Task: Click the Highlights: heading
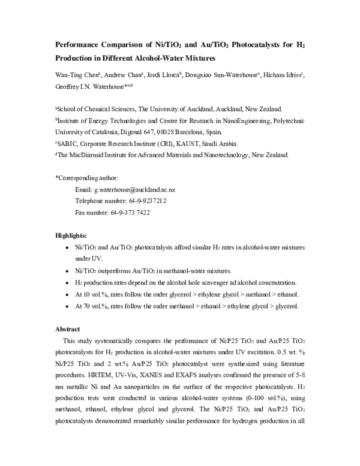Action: pyautogui.click(x=71, y=235)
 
